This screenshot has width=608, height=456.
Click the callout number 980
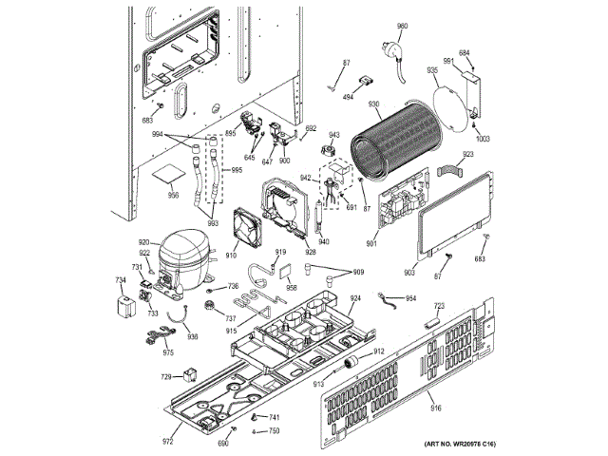(x=401, y=26)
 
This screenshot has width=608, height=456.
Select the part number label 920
(x=144, y=243)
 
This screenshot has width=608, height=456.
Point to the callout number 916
(x=436, y=408)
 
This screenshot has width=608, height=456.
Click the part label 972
(x=168, y=442)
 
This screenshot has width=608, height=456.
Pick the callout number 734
(x=121, y=280)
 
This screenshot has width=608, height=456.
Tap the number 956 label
(x=174, y=196)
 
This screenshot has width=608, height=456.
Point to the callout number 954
(x=410, y=298)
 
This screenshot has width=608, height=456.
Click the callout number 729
(x=166, y=377)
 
